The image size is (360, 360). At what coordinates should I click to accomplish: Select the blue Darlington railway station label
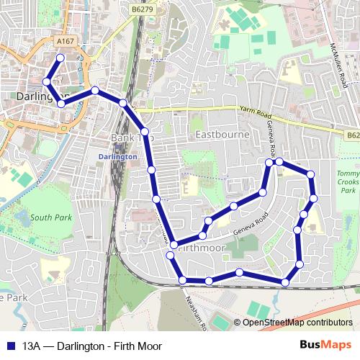[x=116, y=156]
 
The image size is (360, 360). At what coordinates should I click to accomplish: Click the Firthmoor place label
[x=203, y=247]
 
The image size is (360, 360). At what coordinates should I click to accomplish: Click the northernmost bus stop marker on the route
[x=60, y=58]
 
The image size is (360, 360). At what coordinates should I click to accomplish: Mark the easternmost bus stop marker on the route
[x=314, y=198]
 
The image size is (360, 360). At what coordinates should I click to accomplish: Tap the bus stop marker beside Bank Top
[x=145, y=132]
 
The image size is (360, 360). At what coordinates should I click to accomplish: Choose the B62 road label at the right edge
[x=352, y=135]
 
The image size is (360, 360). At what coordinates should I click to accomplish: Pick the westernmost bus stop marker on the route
[x=47, y=81]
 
